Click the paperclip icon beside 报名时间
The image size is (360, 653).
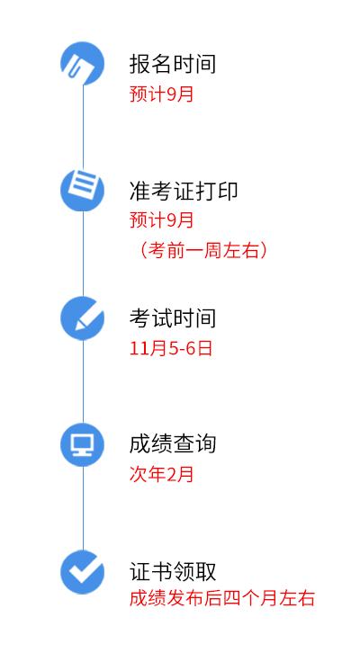coord(83,64)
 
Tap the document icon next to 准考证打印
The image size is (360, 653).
coord(83,191)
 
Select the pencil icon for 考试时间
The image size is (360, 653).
coord(83,318)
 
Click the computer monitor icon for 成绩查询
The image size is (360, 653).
coord(83,444)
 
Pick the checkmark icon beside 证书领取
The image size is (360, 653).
coord(83,572)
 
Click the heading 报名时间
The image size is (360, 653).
coord(173,64)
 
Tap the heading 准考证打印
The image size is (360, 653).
coord(184,192)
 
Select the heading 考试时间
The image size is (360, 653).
coord(173,318)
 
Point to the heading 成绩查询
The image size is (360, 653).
coord(173,444)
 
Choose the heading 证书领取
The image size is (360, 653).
coord(173,571)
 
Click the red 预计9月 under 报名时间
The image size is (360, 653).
coord(162,94)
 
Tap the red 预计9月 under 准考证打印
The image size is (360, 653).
coord(162,220)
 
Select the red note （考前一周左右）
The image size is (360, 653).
coord(202,251)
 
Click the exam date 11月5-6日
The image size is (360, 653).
coord(171,348)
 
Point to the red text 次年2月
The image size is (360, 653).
coord(162,474)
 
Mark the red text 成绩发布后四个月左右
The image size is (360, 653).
coord(222,599)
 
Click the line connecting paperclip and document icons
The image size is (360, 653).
coord(83,127)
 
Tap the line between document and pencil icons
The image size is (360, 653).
coord(83,254)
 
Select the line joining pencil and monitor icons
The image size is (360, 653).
coord(83,381)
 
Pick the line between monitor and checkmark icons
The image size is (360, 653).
coord(83,508)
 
